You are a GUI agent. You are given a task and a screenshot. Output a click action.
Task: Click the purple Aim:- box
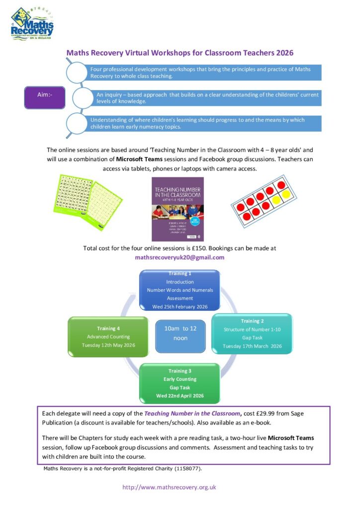[45, 94]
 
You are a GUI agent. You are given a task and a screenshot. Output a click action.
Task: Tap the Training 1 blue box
[180, 290]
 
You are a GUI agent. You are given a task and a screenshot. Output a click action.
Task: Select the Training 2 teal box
[252, 333]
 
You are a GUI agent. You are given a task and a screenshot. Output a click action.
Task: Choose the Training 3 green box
[180, 383]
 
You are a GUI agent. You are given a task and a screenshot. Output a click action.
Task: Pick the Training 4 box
[108, 337]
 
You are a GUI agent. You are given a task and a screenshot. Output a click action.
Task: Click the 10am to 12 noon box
[180, 333]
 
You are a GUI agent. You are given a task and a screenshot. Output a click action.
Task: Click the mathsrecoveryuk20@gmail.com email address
[180, 257]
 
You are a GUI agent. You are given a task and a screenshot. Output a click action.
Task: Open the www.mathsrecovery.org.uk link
[169, 487]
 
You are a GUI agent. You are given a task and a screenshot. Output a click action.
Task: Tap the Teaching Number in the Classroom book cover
[178, 209]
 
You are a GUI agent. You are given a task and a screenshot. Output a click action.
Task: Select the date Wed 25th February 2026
[180, 307]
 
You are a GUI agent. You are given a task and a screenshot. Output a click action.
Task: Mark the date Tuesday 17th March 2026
[252, 346]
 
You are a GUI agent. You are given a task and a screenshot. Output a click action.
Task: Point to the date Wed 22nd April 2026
[180, 396]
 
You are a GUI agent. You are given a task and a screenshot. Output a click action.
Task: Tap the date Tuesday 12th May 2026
[108, 345]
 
